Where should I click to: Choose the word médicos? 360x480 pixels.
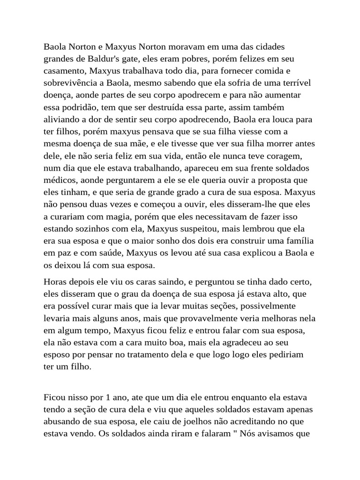pyautogui.click(x=60, y=180)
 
